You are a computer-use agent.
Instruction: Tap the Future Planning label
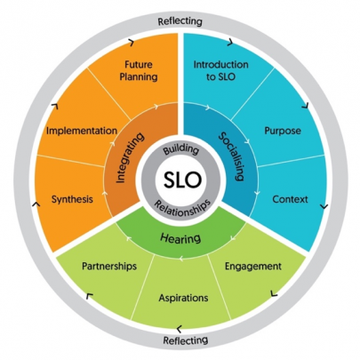139,70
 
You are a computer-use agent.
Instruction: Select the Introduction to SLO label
221,70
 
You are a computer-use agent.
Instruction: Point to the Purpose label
283,131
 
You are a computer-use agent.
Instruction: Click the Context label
290,199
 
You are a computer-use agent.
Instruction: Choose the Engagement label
253,267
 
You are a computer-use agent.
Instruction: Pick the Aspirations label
183,298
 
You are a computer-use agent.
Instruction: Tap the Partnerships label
109,266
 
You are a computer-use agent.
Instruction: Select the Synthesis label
72,199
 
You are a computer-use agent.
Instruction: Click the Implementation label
82,131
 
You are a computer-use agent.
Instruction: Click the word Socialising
232,156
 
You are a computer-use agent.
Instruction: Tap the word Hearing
180,238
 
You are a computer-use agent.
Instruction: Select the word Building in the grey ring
181,149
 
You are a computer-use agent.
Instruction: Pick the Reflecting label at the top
180,21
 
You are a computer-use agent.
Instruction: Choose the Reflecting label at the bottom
186,340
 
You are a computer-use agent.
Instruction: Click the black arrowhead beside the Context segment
324,206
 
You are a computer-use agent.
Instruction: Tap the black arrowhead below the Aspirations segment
179,329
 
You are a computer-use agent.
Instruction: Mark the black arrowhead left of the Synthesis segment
36,204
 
